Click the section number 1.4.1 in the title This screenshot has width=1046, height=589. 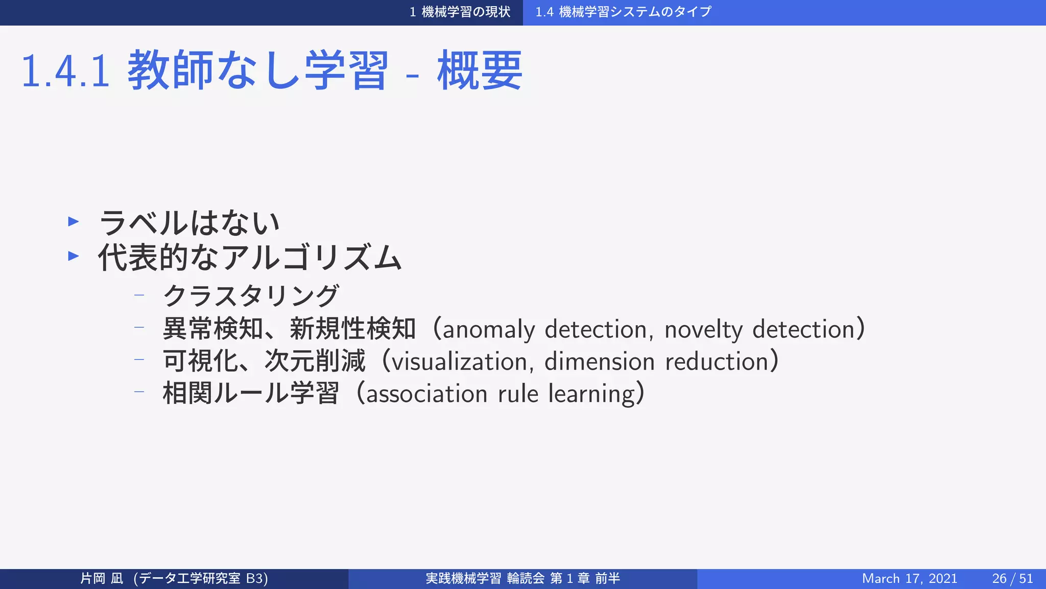pos(65,72)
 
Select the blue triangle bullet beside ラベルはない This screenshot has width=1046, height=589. pos(74,221)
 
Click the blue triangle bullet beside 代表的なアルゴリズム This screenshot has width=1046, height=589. pos(74,256)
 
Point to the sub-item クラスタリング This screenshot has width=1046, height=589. pos(251,296)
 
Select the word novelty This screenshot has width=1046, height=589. pos(703,329)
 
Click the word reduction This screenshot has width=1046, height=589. pos(717,362)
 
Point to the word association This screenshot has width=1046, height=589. pos(426,394)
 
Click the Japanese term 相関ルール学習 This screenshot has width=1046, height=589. pos(251,394)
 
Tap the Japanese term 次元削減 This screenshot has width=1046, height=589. pos(315,361)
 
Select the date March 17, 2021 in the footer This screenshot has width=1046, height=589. pos(909,578)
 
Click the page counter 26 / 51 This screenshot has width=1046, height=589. pos(1012,578)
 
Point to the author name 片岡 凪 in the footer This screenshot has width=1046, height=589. pos(102,578)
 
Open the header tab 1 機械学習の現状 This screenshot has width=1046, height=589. pos(460,12)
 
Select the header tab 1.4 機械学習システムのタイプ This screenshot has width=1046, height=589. pos(623,12)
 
